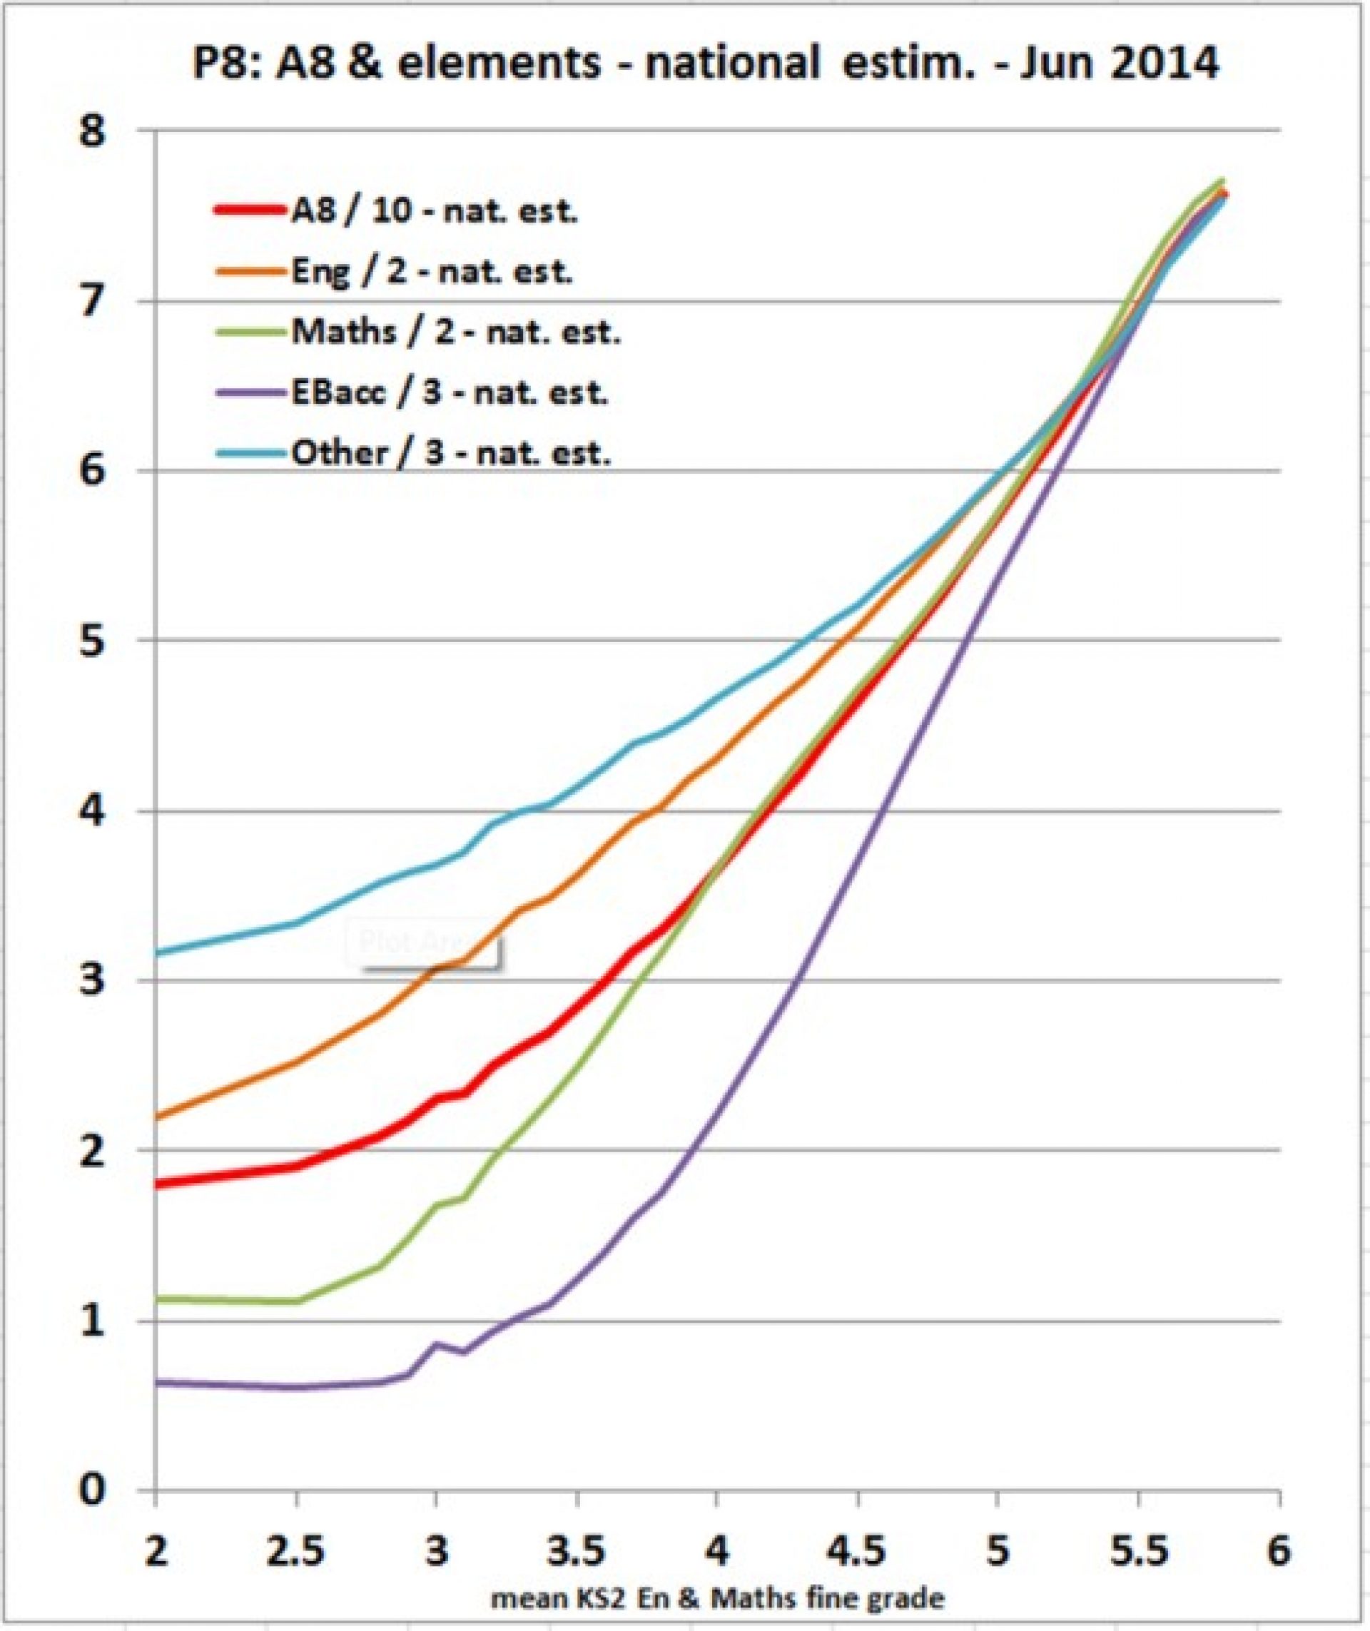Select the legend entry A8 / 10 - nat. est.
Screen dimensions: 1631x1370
pos(433,210)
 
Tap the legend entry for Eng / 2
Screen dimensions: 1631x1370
pos(431,272)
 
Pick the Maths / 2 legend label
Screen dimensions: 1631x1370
pos(456,332)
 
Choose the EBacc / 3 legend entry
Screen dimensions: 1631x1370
pos(449,393)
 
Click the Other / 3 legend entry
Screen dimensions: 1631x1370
pos(450,453)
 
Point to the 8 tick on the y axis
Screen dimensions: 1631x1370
pos(93,132)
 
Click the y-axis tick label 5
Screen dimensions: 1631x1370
pos(93,641)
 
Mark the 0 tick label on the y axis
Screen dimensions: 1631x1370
pos(93,1490)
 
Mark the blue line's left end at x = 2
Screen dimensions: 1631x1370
pos(158,953)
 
